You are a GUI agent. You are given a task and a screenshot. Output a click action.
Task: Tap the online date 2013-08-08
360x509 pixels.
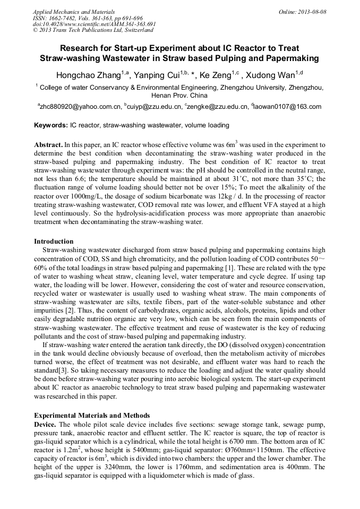311,11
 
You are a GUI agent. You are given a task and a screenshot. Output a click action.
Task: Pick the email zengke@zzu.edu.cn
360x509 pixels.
218,107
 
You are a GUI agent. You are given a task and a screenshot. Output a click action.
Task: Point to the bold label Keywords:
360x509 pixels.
50,126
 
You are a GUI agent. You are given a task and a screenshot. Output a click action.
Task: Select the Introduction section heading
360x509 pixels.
54,241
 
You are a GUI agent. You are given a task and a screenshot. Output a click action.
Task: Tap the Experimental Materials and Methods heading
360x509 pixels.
91,415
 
